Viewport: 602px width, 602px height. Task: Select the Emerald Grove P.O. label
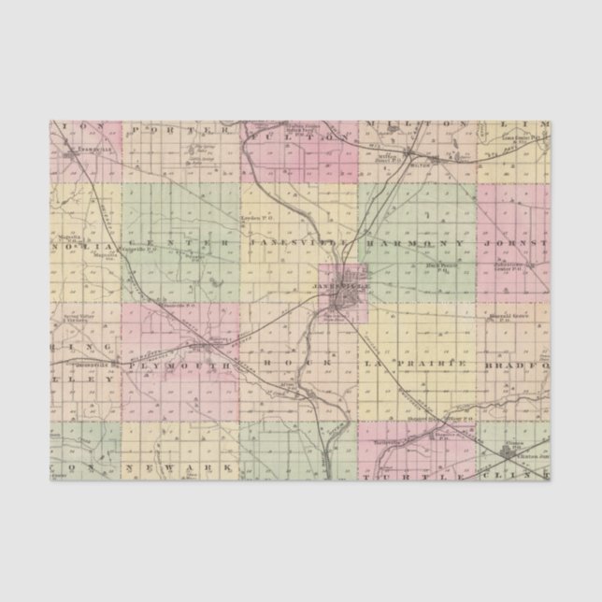click(x=509, y=318)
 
